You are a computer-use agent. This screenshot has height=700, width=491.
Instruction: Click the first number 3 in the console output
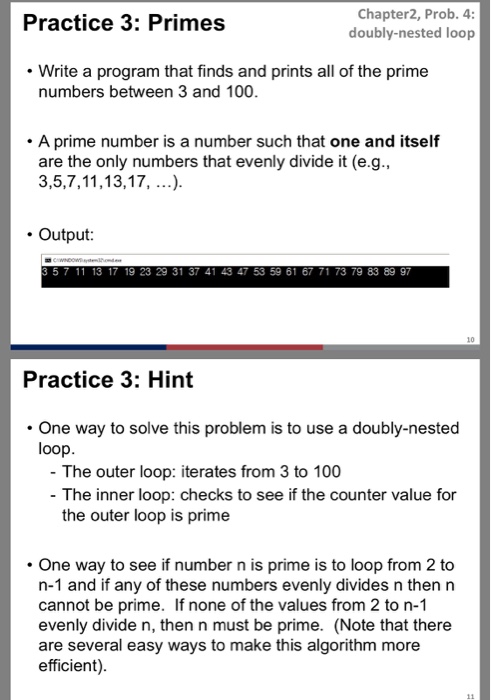(45, 271)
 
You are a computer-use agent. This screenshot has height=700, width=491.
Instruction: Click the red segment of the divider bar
(245, 348)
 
